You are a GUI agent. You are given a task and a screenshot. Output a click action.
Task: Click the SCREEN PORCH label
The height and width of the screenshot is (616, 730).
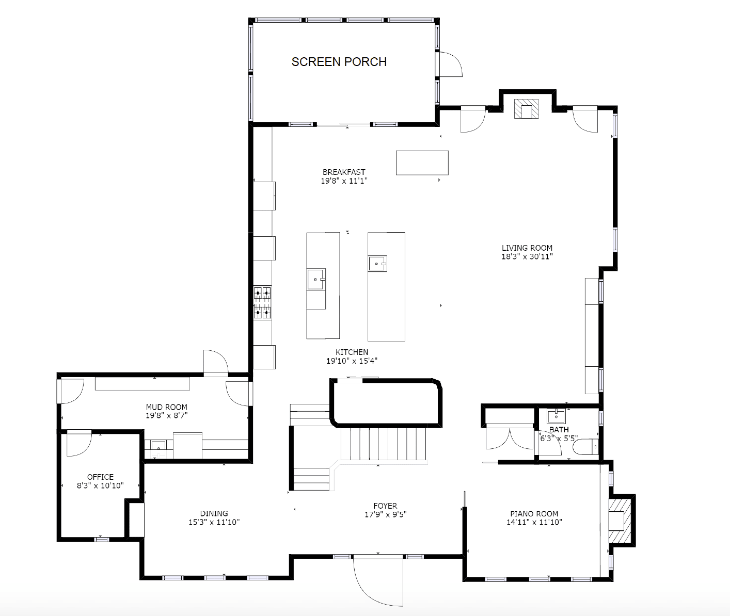coord(339,62)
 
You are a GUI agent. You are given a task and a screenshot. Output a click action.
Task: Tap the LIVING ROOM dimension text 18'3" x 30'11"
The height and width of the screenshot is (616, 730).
coord(527,256)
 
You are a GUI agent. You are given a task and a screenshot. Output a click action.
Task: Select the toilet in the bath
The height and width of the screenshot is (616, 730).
coord(585,447)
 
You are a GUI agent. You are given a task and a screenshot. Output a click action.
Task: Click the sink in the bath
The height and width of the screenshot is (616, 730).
coord(556,417)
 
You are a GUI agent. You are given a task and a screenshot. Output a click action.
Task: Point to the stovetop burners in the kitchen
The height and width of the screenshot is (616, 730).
coord(262,303)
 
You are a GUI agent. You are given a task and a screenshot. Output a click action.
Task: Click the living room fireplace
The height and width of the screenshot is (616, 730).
coord(526,109)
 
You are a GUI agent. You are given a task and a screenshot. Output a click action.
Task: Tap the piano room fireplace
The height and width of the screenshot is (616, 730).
coord(620,520)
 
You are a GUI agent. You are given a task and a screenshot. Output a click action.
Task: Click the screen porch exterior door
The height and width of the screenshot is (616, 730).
coord(451,64)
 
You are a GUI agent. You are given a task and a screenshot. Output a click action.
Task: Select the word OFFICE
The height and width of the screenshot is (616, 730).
coord(100,477)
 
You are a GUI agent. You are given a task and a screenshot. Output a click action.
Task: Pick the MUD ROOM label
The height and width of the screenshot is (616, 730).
coord(166,407)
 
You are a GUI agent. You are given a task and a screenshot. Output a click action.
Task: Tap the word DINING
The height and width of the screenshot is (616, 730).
coord(214,513)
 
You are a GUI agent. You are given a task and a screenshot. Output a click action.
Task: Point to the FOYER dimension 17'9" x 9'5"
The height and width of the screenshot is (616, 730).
coord(385,514)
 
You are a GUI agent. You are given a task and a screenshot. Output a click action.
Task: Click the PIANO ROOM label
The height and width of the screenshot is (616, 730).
coord(534,514)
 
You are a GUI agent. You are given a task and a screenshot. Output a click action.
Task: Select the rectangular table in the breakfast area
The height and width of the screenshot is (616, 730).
coord(422,163)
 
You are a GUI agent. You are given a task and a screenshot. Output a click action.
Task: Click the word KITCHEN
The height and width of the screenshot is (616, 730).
coord(352,352)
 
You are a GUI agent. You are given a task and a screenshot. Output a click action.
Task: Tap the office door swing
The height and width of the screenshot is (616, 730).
coord(79,444)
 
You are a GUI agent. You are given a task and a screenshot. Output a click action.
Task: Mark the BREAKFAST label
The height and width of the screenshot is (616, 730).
coord(344,172)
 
